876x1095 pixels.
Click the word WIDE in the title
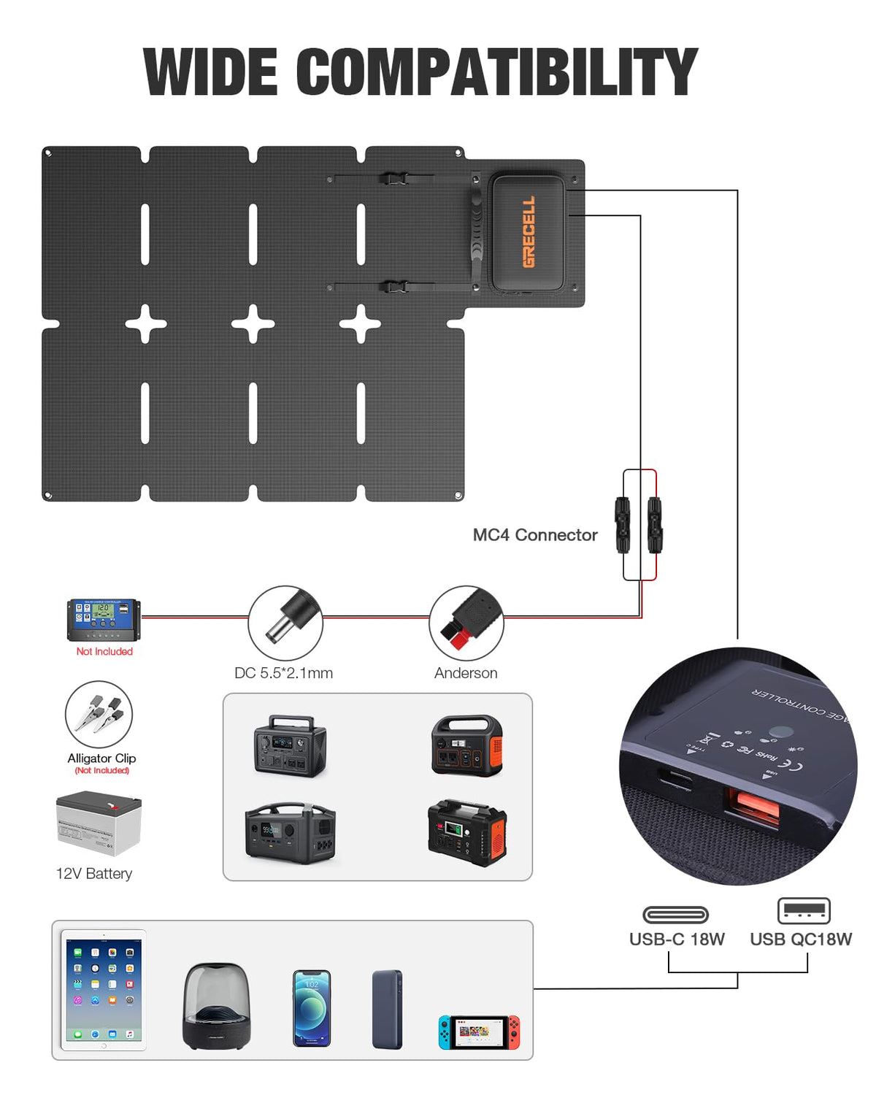(210, 72)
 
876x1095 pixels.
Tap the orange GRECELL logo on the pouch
(529, 231)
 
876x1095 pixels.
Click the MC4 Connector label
(535, 535)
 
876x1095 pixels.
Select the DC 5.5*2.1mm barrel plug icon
(285, 623)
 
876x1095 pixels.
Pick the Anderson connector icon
(466, 623)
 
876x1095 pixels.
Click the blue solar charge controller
(103, 620)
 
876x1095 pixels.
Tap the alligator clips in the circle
(99, 714)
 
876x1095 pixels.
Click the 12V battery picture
(99, 823)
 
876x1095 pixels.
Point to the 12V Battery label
(94, 874)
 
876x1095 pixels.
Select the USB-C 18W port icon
(675, 915)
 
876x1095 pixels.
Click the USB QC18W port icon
(804, 911)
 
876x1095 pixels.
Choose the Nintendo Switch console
(480, 1032)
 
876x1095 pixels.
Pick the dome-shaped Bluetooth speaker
(216, 1006)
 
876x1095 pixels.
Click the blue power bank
(387, 1009)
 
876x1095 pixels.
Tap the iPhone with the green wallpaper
(312, 1008)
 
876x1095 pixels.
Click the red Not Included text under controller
(104, 652)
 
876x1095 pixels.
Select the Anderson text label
(466, 673)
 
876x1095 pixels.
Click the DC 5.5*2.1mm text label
(283, 673)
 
